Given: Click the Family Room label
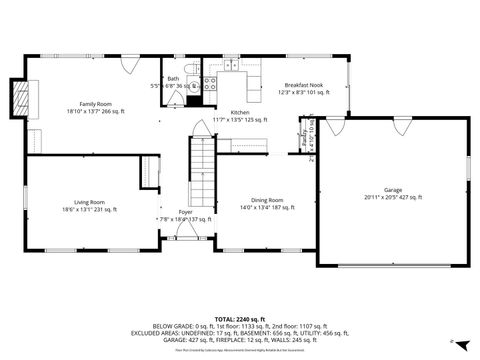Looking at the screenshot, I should tap(95, 104).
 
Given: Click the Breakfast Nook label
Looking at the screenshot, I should tap(302, 86).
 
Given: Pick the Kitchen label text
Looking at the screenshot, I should tap(240, 112).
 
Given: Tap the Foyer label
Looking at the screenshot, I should tap(186, 211).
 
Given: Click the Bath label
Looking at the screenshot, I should tap(173, 78).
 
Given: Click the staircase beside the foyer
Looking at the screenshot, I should tap(202, 171).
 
